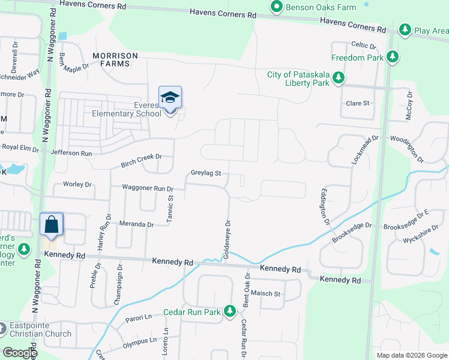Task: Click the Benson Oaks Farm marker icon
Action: pos(277,7)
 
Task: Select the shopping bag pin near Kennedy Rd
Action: pos(52,225)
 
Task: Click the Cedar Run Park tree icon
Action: pos(229,311)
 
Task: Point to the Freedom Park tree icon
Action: pos(393,57)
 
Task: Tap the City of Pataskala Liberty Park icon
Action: pos(339,78)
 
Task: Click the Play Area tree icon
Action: pos(405,29)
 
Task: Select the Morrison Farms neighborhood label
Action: pos(115,59)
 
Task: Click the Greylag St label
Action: pos(206,173)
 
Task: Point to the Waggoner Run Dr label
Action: pos(147,188)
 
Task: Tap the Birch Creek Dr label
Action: pos(142,157)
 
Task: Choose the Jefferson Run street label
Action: pos(71,153)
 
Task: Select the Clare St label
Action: pos(357,103)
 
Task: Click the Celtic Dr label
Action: pos(363,45)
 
